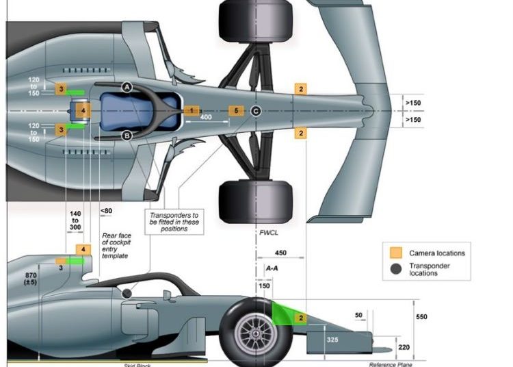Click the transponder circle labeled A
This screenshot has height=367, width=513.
pos(127,86)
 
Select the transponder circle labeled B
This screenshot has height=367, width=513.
pos(127,136)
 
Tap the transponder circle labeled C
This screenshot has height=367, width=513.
pos(255,111)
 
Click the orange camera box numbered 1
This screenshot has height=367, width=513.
pos(192,110)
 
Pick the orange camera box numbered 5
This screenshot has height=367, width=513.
pos(235,110)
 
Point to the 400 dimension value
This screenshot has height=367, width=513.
pos(205,117)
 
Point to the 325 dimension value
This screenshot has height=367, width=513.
pos(331,338)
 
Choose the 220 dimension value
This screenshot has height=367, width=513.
pos(406,347)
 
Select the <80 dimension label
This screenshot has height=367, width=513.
pos(106,211)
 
